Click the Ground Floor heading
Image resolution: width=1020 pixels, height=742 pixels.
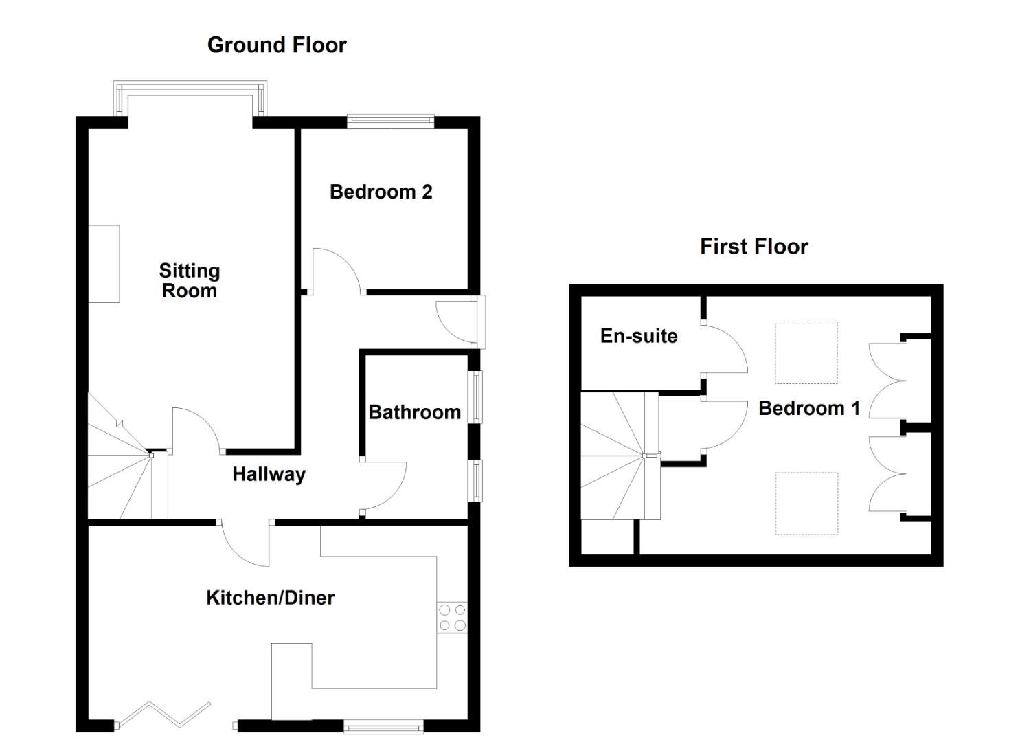[277, 45]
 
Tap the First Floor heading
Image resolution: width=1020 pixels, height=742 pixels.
[753, 247]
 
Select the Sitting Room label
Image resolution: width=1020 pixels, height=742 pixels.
[189, 280]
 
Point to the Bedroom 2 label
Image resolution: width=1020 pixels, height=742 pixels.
[381, 192]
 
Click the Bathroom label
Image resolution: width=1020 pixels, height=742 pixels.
[414, 412]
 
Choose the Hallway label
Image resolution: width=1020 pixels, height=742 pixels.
[269, 474]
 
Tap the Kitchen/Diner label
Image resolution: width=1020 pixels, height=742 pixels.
[270, 598]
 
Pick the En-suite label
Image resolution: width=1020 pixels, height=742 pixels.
[639, 336]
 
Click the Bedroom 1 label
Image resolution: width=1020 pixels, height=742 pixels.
[808, 408]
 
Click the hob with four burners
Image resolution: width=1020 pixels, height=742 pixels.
[452, 617]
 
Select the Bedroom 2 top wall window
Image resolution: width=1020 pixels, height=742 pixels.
[390, 122]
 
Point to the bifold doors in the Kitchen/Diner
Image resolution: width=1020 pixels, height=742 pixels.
[164, 715]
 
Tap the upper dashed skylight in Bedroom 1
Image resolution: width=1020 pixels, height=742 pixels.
[806, 352]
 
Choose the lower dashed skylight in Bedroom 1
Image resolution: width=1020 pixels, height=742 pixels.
[806, 503]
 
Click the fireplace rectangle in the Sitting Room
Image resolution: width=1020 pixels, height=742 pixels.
[104, 264]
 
